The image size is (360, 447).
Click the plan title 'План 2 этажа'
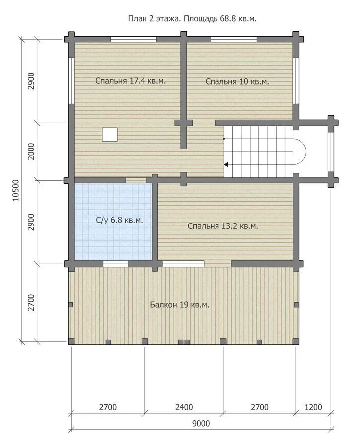154,19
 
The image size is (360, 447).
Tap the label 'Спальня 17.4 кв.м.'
131,81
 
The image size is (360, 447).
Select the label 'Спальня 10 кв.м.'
237,82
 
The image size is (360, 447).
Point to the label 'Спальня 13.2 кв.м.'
222,226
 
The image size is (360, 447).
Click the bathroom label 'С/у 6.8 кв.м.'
119,220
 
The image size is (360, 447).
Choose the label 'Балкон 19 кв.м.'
179,305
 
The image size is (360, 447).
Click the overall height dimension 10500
16,190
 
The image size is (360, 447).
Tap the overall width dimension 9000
201,423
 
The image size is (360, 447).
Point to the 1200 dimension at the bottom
313,407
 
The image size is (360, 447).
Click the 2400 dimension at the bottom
184,407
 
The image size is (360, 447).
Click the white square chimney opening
110,134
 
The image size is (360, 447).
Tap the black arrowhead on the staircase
226,164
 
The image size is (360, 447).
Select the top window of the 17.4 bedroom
134,39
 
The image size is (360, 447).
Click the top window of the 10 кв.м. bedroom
234,39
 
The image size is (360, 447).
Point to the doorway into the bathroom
136,180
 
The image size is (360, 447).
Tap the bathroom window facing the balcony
115,264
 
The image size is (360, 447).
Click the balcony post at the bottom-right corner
296,341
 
